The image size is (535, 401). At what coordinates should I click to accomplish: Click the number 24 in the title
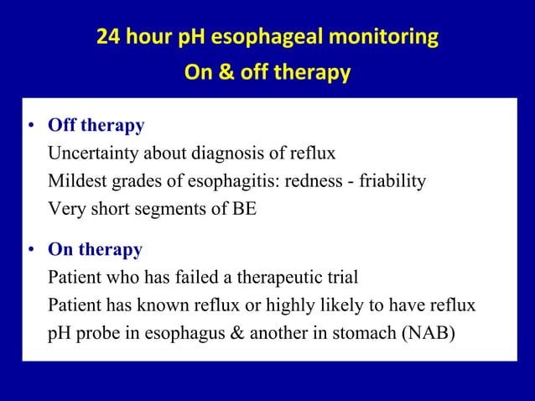tap(108, 38)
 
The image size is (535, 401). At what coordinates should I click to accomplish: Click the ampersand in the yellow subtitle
tap(226, 73)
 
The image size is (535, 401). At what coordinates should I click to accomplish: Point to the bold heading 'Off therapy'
tap(96, 126)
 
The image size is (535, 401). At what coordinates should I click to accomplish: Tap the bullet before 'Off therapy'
tap(30, 127)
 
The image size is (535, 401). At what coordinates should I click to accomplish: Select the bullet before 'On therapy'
tap(30, 251)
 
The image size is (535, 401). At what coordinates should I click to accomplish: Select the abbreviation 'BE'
tap(244, 209)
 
